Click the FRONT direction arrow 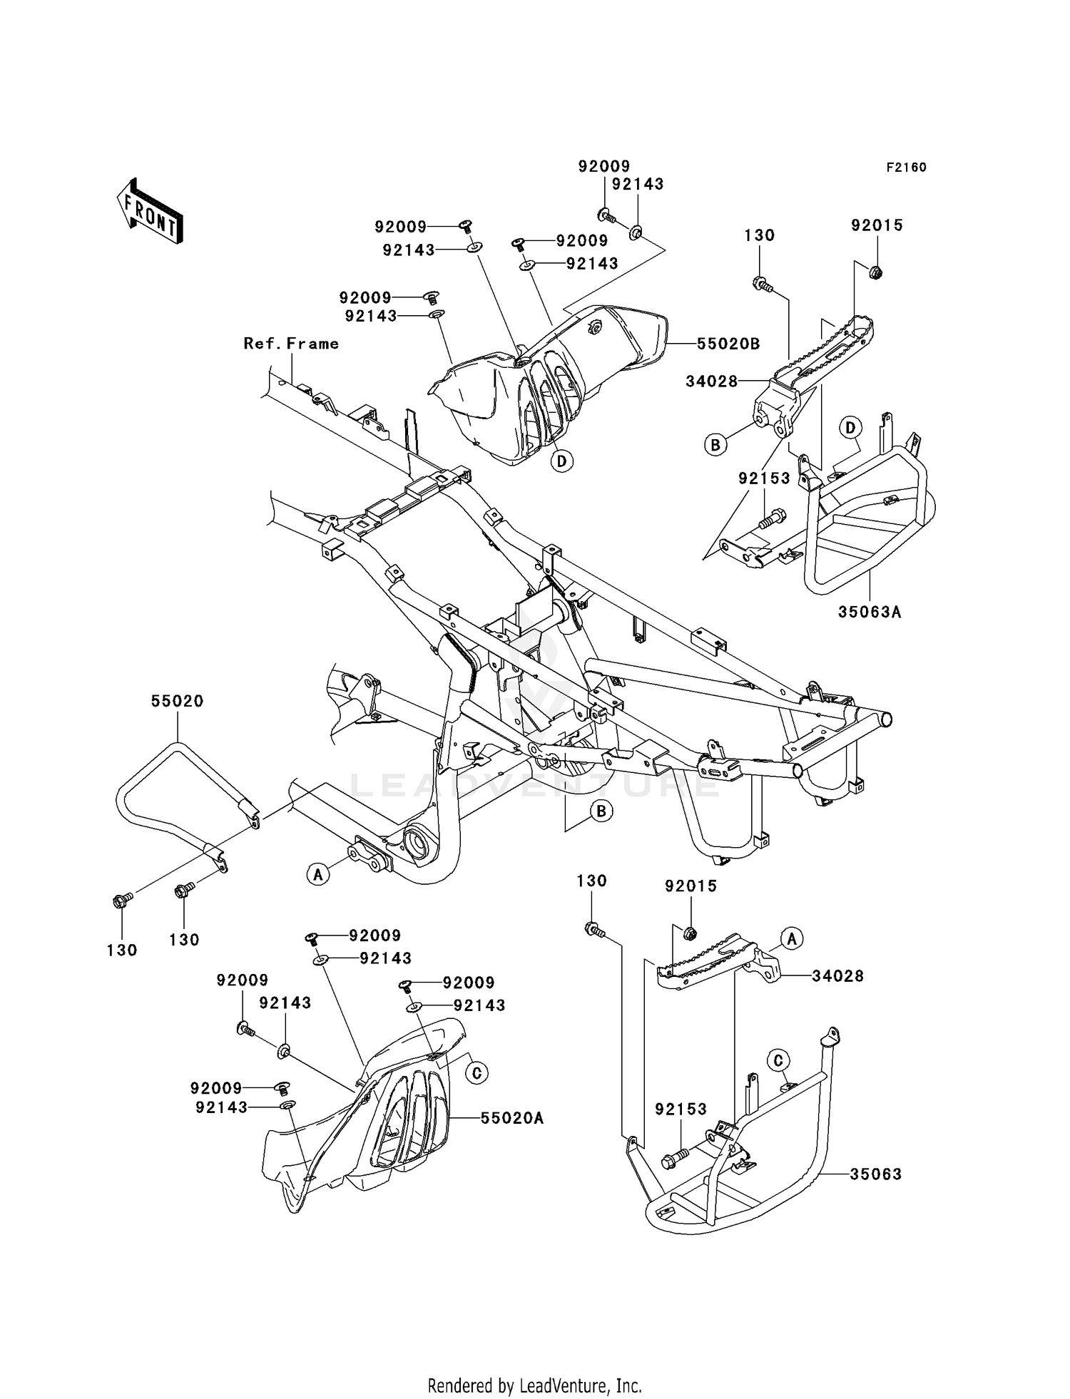click(150, 212)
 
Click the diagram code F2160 click(906, 168)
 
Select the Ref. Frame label click(291, 344)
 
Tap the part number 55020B click(728, 344)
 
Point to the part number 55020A click(512, 1118)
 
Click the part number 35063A click(870, 612)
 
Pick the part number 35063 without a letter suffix click(875, 1174)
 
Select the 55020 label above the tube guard click(177, 701)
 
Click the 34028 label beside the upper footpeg click(711, 381)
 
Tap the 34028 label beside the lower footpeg click(837, 975)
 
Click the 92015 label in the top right click(877, 225)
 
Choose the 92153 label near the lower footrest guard click(681, 1109)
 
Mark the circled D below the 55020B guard click(562, 461)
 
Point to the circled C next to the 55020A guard click(477, 1072)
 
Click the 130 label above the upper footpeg click(759, 235)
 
